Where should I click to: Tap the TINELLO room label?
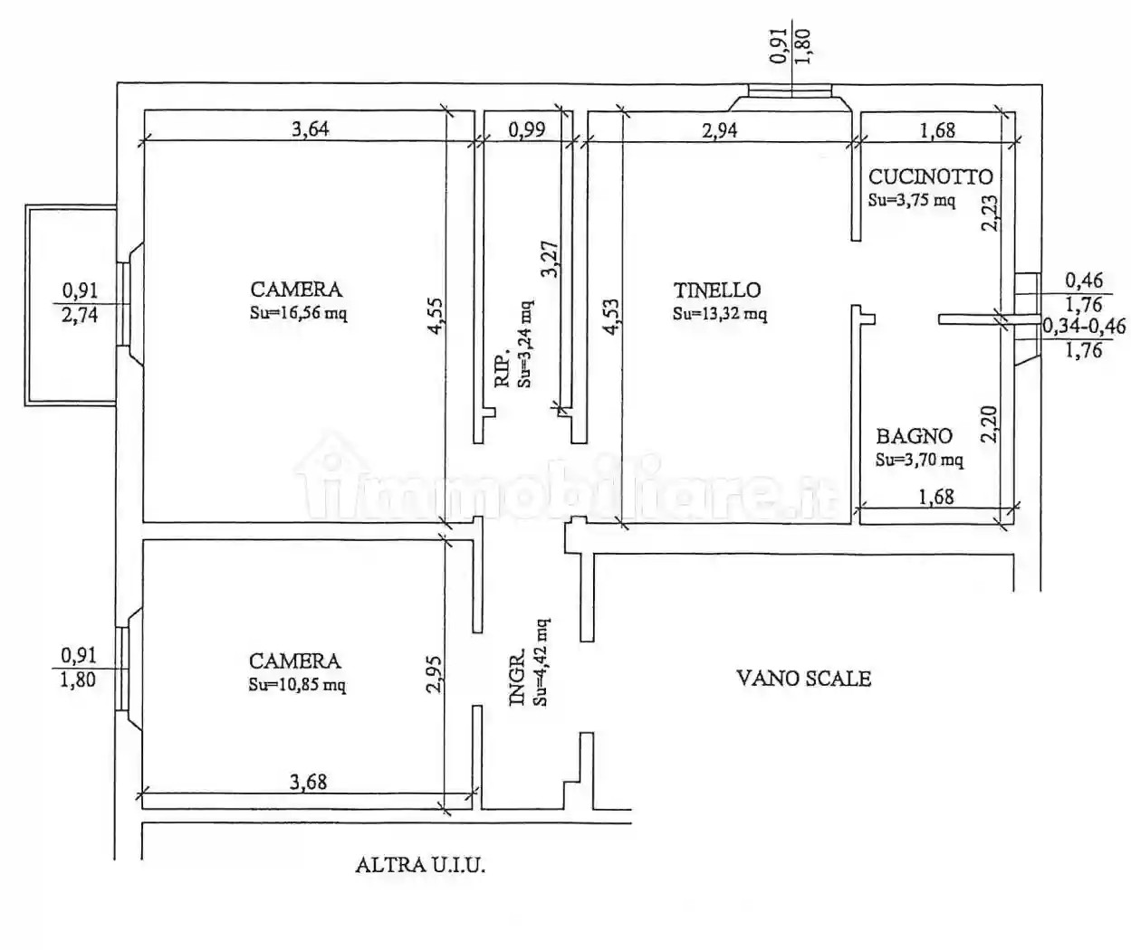[x=716, y=290]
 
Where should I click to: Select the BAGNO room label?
[x=914, y=437]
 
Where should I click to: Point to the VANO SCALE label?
[x=803, y=678]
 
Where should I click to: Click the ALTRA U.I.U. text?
[x=420, y=865]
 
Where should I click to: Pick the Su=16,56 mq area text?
[x=299, y=314]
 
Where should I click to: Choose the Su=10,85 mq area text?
[x=297, y=685]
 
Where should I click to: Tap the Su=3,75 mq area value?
[x=911, y=200]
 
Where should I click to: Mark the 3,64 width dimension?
[x=310, y=128]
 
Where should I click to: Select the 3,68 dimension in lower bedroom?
[x=308, y=781]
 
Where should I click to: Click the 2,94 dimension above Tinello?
[x=720, y=129]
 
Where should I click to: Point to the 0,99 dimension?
[x=527, y=129]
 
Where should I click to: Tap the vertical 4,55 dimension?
[x=436, y=318]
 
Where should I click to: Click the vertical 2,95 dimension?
[x=434, y=674]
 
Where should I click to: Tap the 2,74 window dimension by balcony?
[x=80, y=316]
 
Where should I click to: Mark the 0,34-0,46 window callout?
[x=1084, y=327]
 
